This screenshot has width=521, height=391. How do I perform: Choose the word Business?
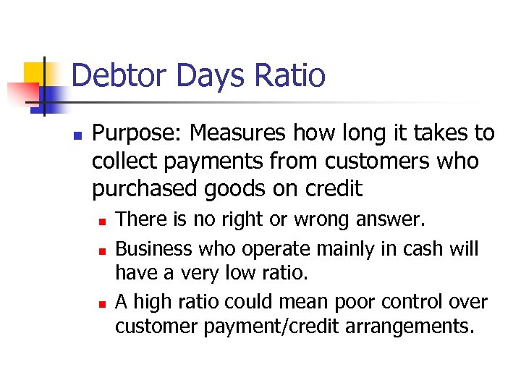click(x=153, y=248)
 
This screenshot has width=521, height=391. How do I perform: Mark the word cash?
click(x=420, y=248)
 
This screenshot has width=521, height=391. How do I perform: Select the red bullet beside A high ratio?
click(x=103, y=302)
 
